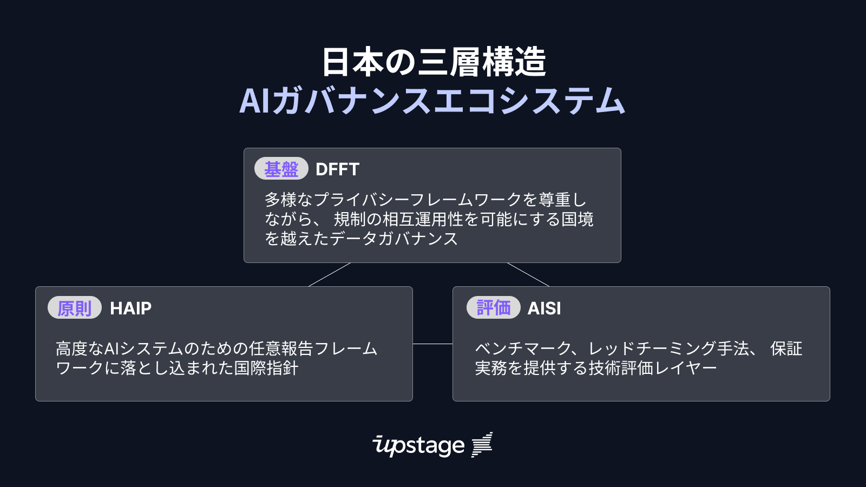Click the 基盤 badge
click(x=281, y=169)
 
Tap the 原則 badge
click(x=74, y=308)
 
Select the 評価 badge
click(x=493, y=308)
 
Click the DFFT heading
click(x=337, y=169)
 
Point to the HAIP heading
click(x=130, y=308)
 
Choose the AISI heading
click(x=544, y=308)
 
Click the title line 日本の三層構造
click(x=433, y=62)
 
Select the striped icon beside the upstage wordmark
click(x=482, y=445)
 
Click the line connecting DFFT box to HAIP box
click(x=329, y=275)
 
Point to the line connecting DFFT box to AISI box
click(x=528, y=275)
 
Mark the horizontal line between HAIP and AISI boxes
click(x=432, y=344)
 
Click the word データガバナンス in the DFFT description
click(x=393, y=239)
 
